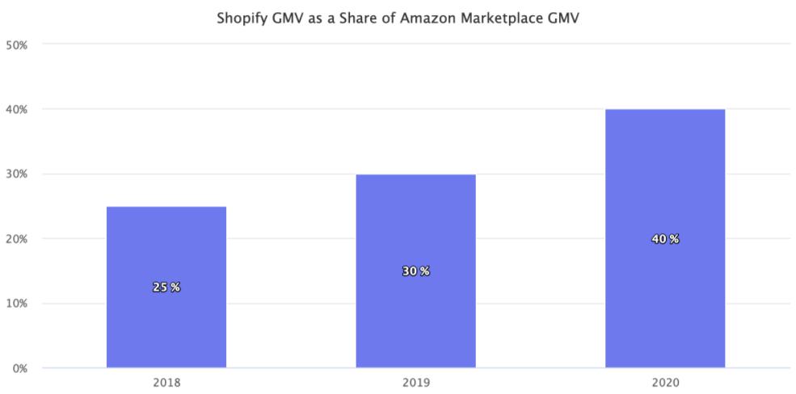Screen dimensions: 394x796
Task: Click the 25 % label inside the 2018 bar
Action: (x=166, y=287)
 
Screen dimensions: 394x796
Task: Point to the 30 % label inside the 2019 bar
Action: (x=415, y=271)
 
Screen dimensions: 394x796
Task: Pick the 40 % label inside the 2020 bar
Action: (x=664, y=239)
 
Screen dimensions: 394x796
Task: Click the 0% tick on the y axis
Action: (x=18, y=369)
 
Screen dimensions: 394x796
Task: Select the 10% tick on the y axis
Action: (x=18, y=304)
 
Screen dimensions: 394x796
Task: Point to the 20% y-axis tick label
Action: (x=18, y=239)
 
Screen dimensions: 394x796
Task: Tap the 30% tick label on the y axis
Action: (x=18, y=174)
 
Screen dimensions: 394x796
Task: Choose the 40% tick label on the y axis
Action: (x=18, y=109)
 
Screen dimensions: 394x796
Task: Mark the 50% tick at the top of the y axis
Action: (x=18, y=44)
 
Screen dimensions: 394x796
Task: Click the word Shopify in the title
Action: (x=240, y=19)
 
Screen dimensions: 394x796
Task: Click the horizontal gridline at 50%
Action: (x=404, y=44)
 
